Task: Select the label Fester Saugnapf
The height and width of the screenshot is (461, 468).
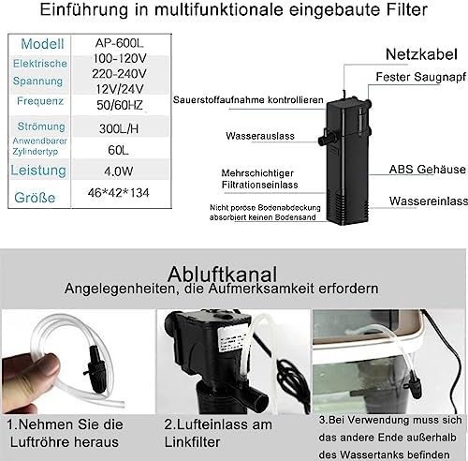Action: pyautogui.click(x=417, y=80)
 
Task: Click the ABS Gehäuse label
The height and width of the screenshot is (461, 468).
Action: pyautogui.click(x=427, y=170)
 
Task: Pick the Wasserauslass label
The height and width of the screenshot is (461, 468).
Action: pyautogui.click(x=259, y=136)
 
